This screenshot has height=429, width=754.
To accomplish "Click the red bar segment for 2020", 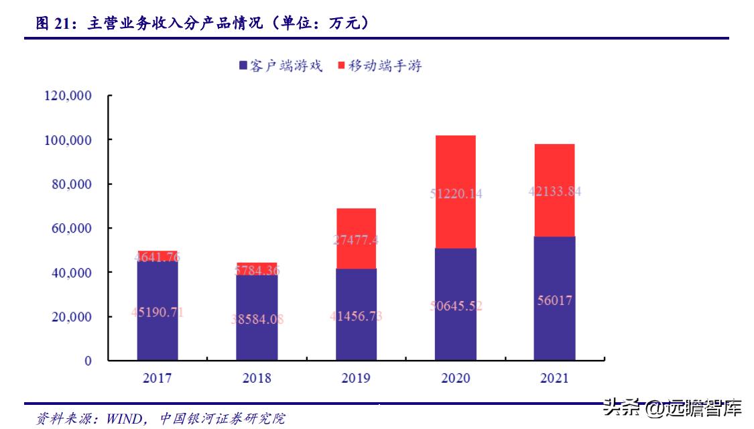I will point(455,168).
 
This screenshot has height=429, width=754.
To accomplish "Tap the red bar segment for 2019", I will point(356,221).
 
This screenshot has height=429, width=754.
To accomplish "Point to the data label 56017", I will point(554,300).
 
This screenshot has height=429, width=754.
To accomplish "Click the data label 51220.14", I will point(455,194).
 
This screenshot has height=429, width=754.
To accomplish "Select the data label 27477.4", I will point(356,240).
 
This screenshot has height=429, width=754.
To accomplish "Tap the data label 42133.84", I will point(554,191).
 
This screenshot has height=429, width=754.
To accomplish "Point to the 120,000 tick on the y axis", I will point(68,96).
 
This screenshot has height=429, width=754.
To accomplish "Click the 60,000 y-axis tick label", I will point(71,229).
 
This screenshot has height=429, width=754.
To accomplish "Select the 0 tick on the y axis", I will point(88,361).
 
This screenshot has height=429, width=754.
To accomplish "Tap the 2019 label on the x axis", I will point(356,379).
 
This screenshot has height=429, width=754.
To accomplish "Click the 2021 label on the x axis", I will point(554,379).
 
